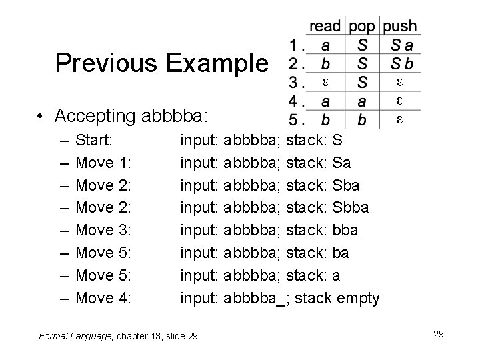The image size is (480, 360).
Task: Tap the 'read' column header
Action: (325, 27)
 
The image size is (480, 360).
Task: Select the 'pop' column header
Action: (362, 27)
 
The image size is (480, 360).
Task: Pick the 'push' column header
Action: (400, 27)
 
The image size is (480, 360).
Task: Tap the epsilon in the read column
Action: (324, 83)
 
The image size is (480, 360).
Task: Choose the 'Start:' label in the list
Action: (98, 141)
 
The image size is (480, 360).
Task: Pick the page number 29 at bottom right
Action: (438, 333)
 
